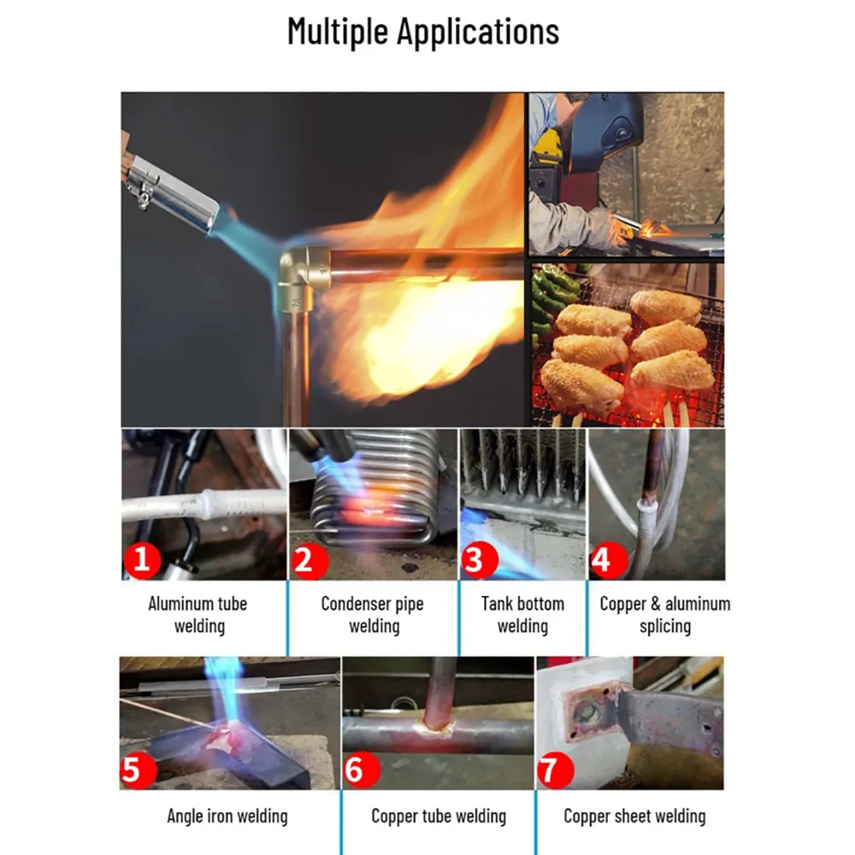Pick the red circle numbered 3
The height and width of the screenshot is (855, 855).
tap(480, 560)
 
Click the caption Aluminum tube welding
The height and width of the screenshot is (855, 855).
tap(198, 615)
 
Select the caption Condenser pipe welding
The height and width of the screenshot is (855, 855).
tap(373, 615)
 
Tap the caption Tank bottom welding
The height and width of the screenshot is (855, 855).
tap(522, 615)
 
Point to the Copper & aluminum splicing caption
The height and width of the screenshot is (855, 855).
tap(664, 615)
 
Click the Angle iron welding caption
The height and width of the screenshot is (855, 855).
tap(227, 816)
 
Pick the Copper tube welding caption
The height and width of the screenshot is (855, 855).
tap(439, 816)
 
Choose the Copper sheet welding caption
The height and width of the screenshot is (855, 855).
tap(634, 816)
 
